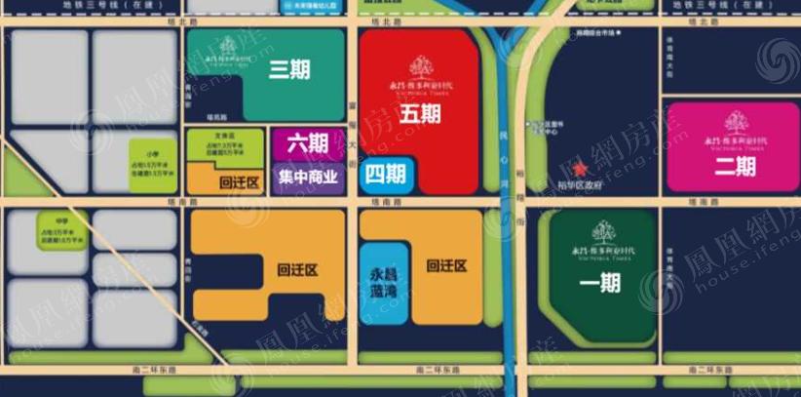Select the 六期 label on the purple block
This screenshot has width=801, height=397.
point(308,144)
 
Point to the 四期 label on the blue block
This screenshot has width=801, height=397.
point(386,175)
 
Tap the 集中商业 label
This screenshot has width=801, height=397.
point(308,178)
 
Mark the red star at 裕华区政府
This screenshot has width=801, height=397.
point(582,172)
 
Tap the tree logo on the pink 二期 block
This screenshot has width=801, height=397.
point(736,123)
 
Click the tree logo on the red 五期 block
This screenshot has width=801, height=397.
point(420,66)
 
